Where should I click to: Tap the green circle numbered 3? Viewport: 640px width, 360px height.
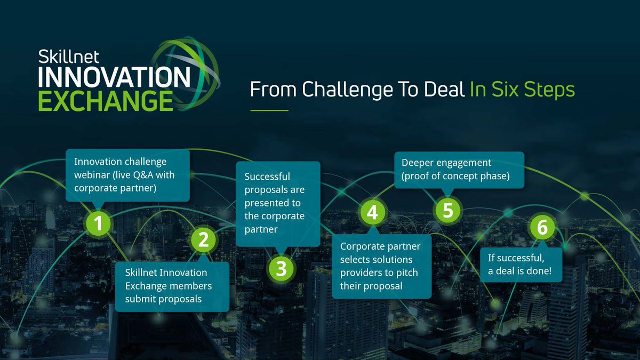[281, 268]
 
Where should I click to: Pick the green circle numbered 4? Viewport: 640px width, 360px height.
[373, 212]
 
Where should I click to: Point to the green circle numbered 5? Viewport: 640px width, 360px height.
[448, 210]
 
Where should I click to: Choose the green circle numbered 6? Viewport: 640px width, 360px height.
[542, 228]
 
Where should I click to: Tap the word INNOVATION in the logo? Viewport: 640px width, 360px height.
[114, 78]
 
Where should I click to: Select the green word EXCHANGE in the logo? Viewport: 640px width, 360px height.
[106, 101]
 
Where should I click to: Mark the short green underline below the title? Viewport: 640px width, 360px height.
[269, 110]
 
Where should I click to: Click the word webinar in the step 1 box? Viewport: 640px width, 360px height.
[91, 174]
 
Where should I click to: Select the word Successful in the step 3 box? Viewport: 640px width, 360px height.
[267, 177]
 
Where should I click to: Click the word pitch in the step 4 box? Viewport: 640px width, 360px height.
[407, 273]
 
